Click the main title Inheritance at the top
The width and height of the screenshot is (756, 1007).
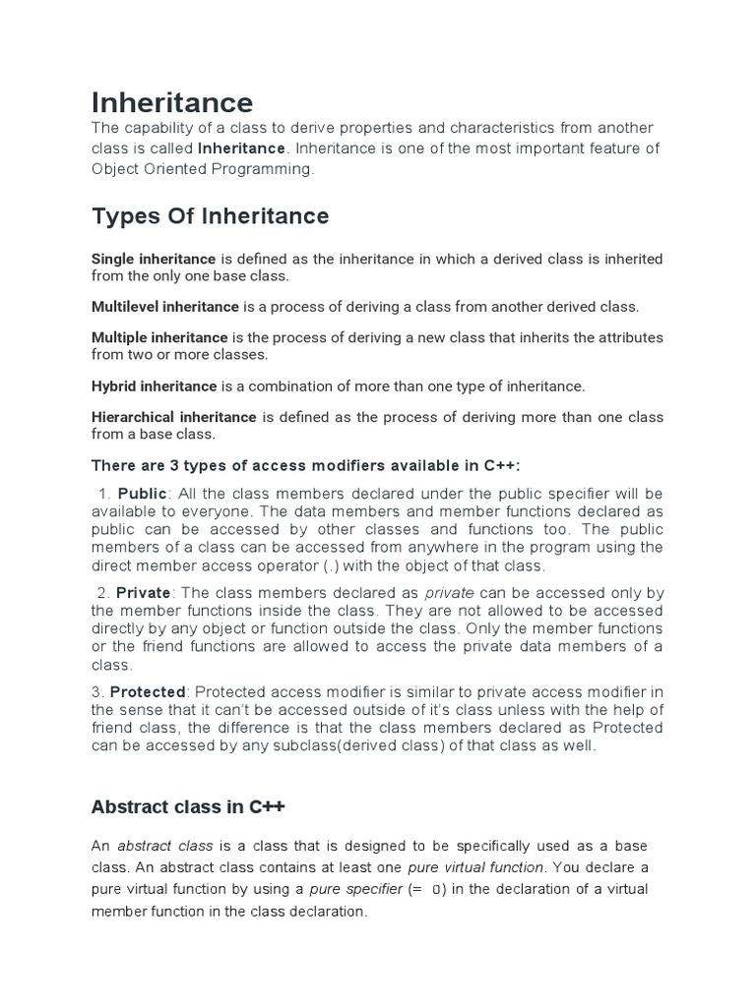click(x=172, y=101)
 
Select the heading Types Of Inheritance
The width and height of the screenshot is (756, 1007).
click(x=210, y=214)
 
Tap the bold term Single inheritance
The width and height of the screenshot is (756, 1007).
click(x=154, y=259)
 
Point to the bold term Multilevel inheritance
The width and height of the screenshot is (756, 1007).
click(x=165, y=307)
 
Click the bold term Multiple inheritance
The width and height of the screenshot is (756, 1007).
click(x=159, y=337)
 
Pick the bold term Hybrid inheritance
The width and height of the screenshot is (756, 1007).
click(x=154, y=385)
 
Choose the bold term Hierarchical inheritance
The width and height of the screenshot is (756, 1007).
click(x=174, y=417)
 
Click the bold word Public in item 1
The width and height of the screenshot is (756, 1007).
click(x=143, y=493)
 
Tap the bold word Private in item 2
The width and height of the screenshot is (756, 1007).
click(x=143, y=593)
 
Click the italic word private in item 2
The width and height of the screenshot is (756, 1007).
click(x=449, y=593)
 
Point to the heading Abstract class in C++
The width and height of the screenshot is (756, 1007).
click(x=188, y=807)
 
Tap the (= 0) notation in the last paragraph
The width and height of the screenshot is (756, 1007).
click(x=427, y=889)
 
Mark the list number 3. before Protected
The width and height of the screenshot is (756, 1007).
click(x=97, y=693)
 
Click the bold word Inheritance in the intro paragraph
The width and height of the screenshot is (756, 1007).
click(x=242, y=148)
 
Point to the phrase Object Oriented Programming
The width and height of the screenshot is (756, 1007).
click(x=201, y=168)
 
